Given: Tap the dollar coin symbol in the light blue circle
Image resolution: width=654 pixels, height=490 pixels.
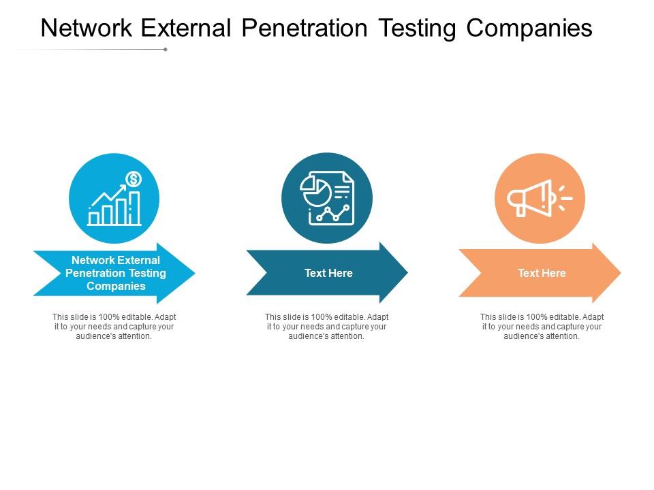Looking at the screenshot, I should click(x=134, y=179).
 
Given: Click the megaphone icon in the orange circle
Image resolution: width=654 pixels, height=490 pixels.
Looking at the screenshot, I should click(x=531, y=198).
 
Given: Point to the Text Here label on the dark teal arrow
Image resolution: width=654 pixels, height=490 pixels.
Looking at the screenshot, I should click(x=328, y=273).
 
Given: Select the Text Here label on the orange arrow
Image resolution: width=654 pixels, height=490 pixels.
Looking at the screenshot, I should click(x=542, y=273).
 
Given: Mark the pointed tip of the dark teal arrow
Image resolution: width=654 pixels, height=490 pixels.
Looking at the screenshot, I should click(x=406, y=273).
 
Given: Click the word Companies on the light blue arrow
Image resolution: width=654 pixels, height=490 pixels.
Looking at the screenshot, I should click(x=116, y=286).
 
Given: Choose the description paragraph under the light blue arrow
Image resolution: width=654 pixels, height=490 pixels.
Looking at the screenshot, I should click(x=114, y=327).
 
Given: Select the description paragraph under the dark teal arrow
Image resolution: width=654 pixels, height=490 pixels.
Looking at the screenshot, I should click(x=327, y=327).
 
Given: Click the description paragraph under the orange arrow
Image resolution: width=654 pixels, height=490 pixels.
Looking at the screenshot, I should click(x=542, y=327).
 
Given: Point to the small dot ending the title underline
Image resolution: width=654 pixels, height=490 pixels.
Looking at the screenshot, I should click(x=166, y=49).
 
